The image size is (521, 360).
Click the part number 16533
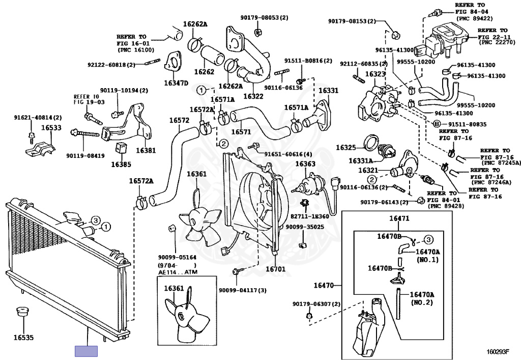click(x=51, y=128)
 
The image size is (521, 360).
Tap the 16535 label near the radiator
click(x=23, y=337)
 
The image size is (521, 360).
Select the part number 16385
click(x=121, y=164)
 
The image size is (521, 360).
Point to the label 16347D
click(x=176, y=83)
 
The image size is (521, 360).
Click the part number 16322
click(x=253, y=96)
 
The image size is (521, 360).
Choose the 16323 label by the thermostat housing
click(x=375, y=74)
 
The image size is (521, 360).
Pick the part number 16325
click(x=346, y=148)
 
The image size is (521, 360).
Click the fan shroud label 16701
click(x=275, y=268)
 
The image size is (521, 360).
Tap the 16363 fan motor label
click(x=305, y=164)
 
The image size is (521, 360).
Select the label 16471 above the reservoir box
click(x=399, y=218)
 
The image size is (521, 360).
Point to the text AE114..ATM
click(x=177, y=272)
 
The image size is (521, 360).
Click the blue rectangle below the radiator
click(x=86, y=351)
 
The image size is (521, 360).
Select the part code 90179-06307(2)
click(x=316, y=304)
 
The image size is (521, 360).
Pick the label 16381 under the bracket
click(x=146, y=151)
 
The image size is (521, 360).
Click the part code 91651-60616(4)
click(x=288, y=154)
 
